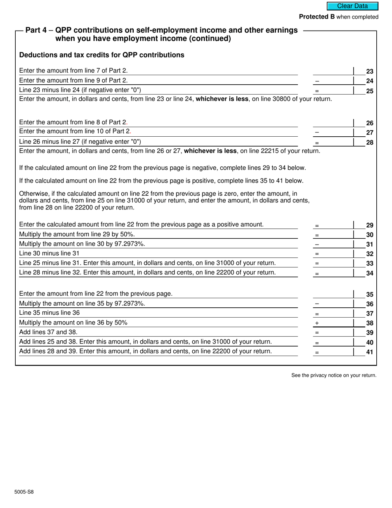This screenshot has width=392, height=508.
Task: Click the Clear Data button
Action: (352, 6)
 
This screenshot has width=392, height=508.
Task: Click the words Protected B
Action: (316, 17)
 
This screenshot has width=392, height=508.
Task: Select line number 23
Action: (369, 71)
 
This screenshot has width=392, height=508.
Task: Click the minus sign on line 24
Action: (317, 81)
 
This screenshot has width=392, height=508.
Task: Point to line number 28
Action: (369, 142)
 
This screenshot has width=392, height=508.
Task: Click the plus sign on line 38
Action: (317, 323)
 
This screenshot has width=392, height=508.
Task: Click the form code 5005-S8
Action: (24, 492)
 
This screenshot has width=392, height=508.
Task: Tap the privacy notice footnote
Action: (334, 375)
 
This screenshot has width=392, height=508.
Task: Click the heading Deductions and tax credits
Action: (102, 55)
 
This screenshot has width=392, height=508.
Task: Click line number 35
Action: (369, 295)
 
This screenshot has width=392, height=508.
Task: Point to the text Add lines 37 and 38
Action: (48, 332)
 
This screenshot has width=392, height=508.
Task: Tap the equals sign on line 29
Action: (317, 226)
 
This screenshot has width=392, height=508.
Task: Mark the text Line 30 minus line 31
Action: (49, 253)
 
